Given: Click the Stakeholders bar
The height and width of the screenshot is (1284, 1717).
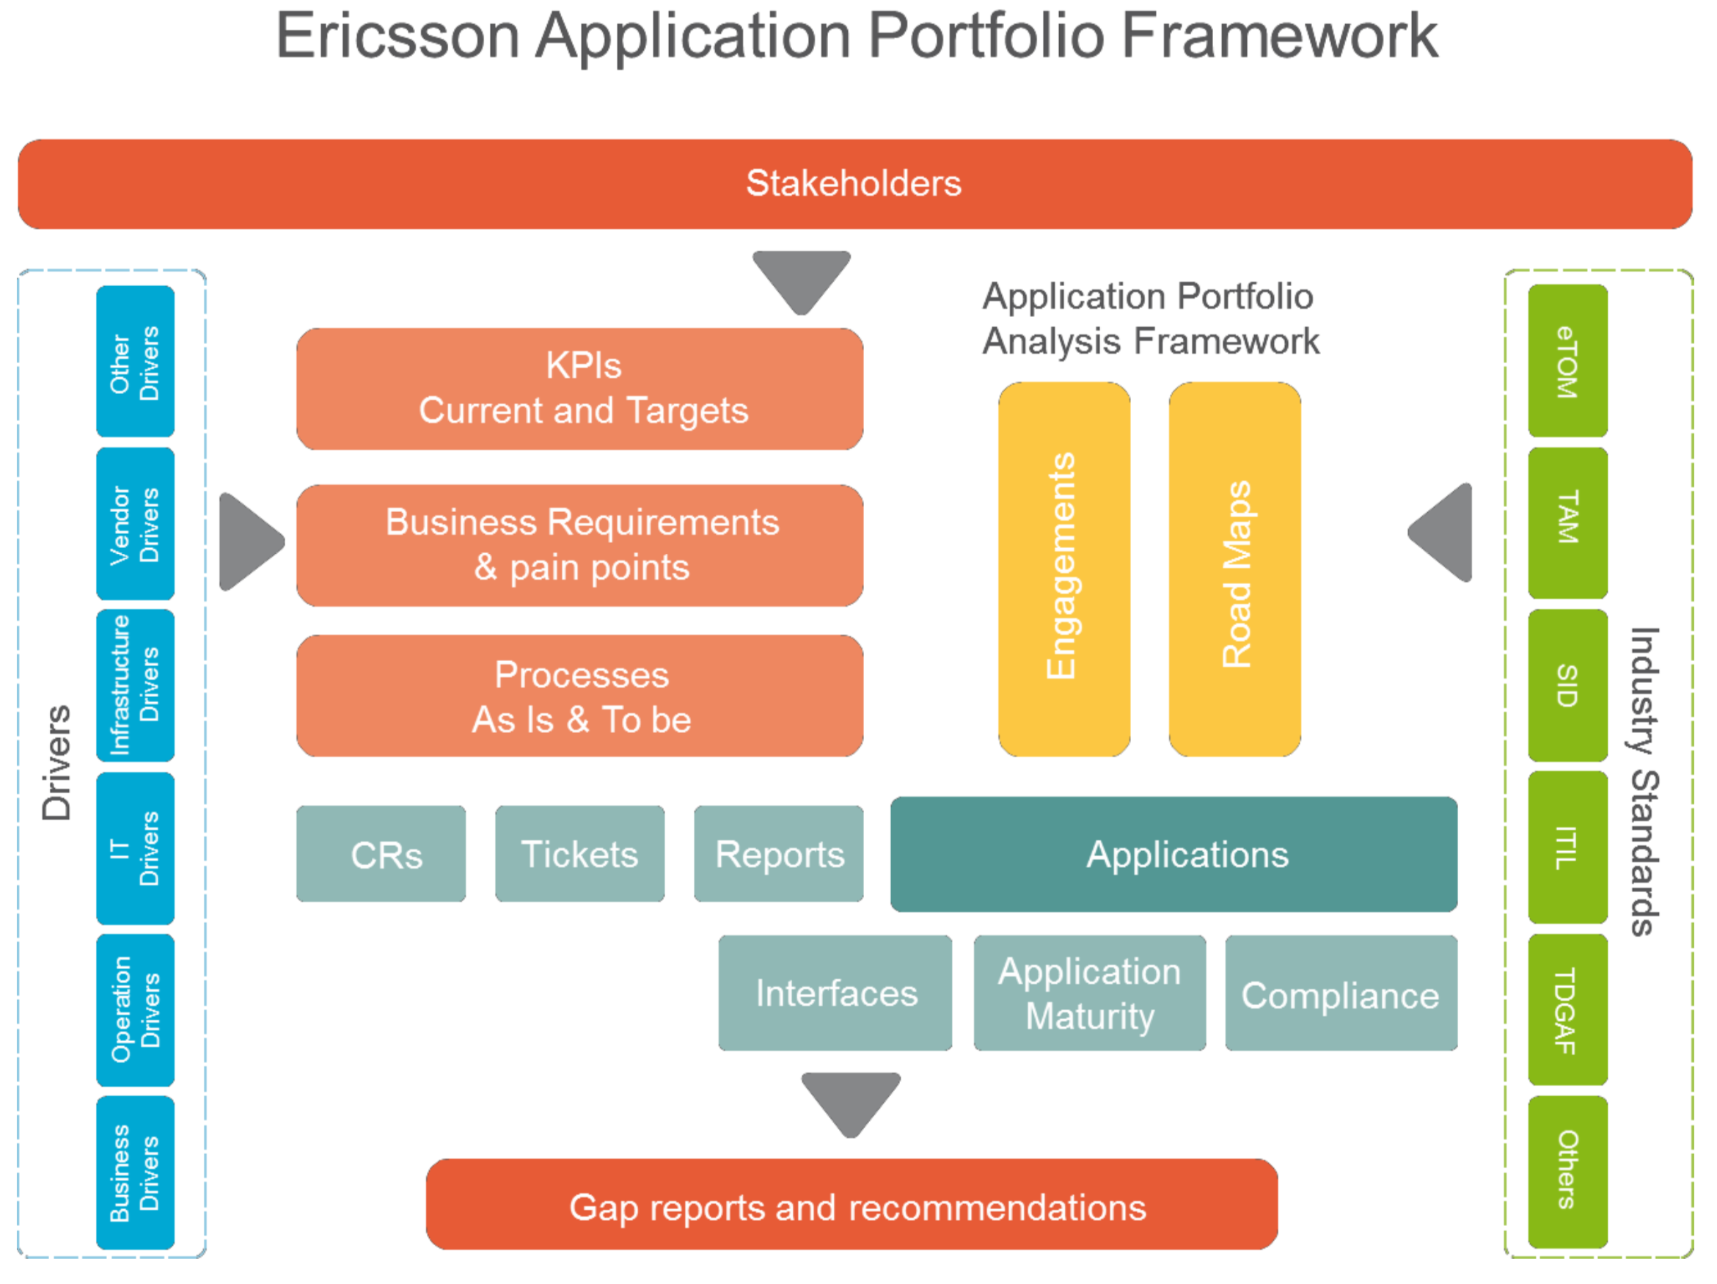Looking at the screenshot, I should pyautogui.click(x=854, y=184).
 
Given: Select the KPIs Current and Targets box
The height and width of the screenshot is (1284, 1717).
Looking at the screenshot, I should pyautogui.click(x=580, y=388).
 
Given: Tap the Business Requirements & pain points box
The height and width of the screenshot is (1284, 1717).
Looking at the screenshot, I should pyautogui.click(x=580, y=545).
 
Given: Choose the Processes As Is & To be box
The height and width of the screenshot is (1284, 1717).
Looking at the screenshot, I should pyautogui.click(x=580, y=696).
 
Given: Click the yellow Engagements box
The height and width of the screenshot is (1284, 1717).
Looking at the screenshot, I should pyautogui.click(x=1063, y=568).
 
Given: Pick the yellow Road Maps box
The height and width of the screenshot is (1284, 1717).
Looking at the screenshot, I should pyautogui.click(x=1234, y=568).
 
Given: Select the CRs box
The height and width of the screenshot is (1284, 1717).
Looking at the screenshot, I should pyautogui.click(x=381, y=853).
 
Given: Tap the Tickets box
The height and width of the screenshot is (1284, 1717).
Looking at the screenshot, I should pyautogui.click(x=580, y=853).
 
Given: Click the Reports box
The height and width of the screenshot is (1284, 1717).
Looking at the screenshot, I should pyautogui.click(x=778, y=853).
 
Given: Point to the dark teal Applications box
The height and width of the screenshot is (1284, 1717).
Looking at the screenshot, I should pyautogui.click(x=1174, y=854).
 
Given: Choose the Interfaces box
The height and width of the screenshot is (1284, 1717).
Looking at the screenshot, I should pyautogui.click(x=835, y=992).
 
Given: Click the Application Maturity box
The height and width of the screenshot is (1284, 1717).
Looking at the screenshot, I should pyautogui.click(x=1090, y=992).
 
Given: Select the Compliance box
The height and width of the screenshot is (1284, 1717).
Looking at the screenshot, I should pyautogui.click(x=1341, y=992).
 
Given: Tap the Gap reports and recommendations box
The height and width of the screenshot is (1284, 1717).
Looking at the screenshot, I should pyautogui.click(x=852, y=1204).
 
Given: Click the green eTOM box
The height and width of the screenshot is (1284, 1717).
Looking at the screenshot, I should pyautogui.click(x=1567, y=360).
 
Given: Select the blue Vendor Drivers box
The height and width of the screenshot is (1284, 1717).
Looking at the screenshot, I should pyautogui.click(x=135, y=523).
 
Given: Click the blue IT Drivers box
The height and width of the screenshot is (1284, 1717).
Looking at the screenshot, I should pyautogui.click(x=135, y=847).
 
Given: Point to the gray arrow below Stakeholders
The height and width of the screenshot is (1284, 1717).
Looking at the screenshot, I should pyautogui.click(x=801, y=280).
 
